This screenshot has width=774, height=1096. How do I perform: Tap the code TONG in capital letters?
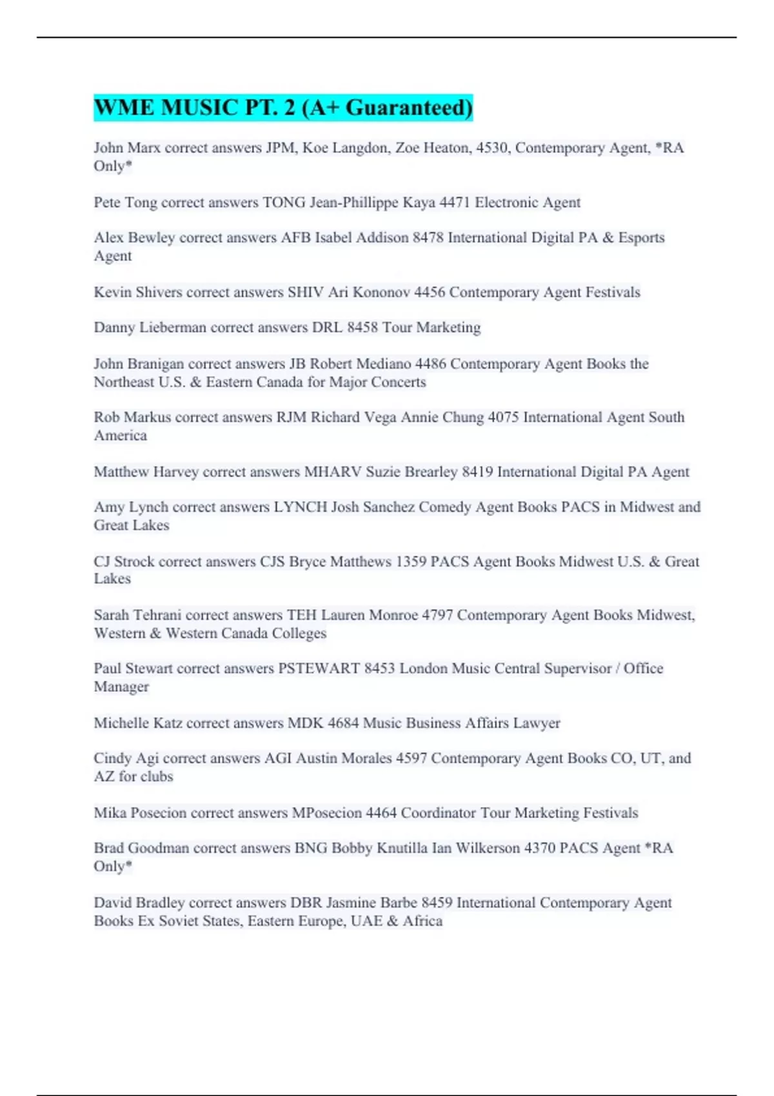284,202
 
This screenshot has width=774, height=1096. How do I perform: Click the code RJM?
292,417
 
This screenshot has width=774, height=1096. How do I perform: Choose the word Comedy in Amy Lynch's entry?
445,507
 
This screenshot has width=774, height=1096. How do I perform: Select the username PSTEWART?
319,669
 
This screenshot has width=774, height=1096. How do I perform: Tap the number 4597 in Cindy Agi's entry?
411,758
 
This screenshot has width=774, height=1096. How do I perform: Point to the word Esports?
641,237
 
